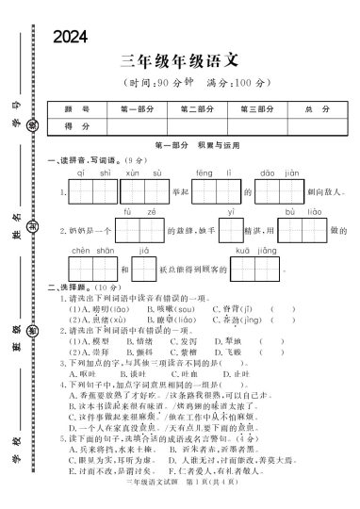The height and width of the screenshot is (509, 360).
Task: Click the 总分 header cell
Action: (x=314, y=109)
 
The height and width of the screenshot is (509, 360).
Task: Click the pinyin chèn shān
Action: (x=85, y=251)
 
